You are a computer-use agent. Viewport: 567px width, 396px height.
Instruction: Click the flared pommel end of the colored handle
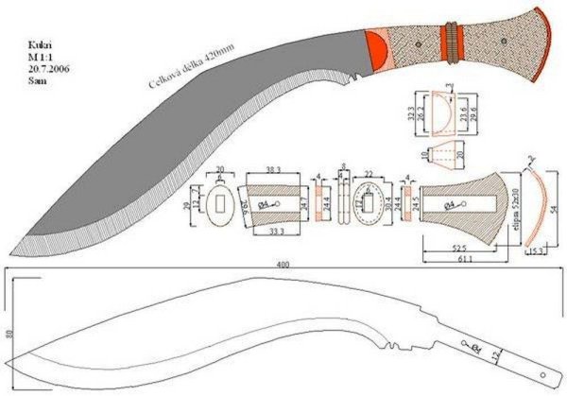click(x=541, y=38)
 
